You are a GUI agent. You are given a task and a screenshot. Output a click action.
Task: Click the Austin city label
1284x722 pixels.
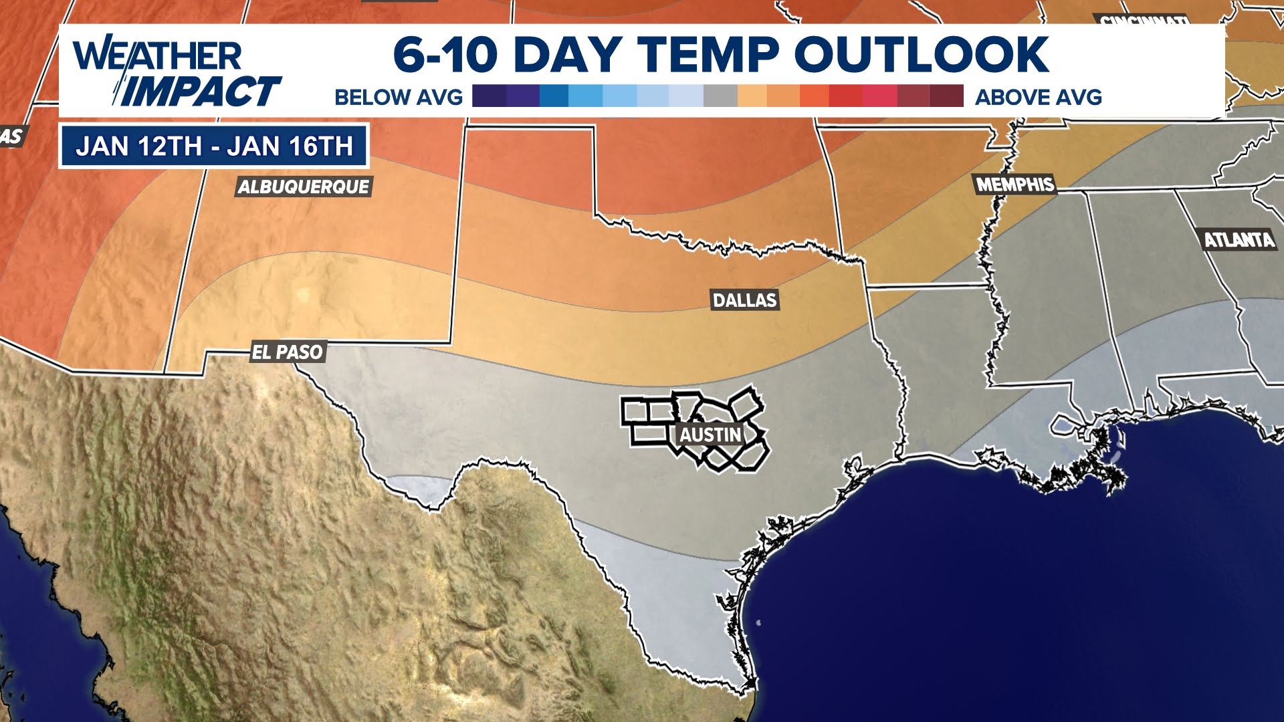[710, 435]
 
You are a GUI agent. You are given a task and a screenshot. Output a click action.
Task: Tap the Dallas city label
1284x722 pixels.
[744, 300]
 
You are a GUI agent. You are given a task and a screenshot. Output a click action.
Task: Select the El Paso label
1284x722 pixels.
[288, 352]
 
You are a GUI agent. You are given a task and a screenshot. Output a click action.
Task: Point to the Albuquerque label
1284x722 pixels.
[304, 187]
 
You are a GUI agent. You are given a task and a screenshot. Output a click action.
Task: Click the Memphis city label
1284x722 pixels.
[1014, 185]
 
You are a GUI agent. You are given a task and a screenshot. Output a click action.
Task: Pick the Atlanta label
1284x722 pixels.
[1239, 239]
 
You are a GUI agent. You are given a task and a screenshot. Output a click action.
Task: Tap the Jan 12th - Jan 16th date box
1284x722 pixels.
[214, 146]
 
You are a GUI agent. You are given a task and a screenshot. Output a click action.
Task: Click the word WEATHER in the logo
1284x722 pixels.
[157, 55]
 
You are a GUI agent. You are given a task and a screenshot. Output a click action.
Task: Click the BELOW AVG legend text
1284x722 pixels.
[399, 97]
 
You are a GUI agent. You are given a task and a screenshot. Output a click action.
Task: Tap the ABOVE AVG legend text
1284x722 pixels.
[1038, 97]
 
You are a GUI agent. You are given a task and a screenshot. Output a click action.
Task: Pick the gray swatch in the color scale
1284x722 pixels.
[720, 96]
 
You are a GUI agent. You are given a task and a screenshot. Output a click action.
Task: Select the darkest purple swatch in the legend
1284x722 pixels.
[489, 96]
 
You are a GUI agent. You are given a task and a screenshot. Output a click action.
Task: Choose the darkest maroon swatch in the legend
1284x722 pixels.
[946, 96]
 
